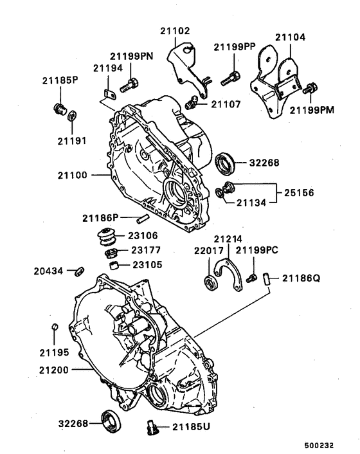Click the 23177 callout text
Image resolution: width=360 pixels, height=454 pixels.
coord(148,250)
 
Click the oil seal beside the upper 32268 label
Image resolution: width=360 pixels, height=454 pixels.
coord(225,163)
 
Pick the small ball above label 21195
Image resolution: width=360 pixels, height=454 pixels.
coord(56,329)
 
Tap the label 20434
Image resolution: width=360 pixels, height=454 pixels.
coord(48,271)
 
